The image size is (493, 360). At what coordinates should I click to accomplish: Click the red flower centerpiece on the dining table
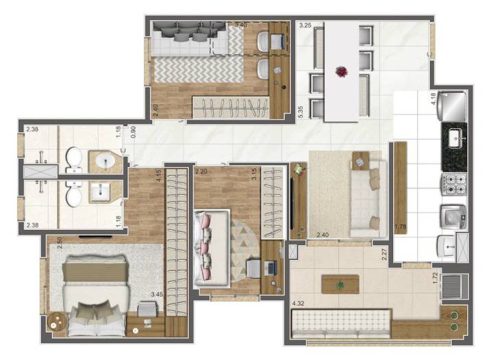pyautogui.click(x=341, y=70)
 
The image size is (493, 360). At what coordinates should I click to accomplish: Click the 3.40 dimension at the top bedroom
pyautogui.click(x=240, y=25)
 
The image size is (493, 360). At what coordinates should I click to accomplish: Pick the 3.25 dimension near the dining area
pyautogui.click(x=305, y=25)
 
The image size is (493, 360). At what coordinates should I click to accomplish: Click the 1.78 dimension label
pyautogui.click(x=401, y=226)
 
